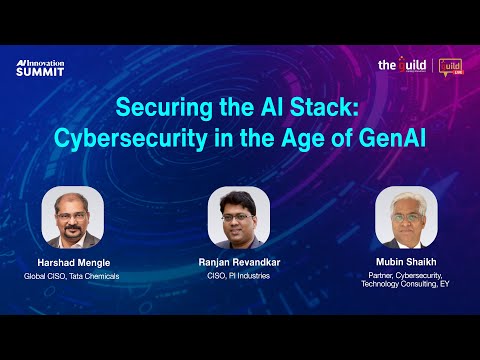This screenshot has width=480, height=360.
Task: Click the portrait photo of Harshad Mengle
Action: click(72, 216)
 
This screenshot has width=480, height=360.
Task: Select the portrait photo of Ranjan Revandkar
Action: click(239, 216)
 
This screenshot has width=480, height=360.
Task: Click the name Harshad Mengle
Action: click(72, 262)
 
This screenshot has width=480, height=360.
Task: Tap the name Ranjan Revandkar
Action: click(239, 262)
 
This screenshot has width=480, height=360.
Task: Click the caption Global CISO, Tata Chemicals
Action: click(72, 275)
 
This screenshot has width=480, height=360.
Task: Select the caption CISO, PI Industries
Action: click(239, 275)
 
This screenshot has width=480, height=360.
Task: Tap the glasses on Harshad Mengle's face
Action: click(73, 208)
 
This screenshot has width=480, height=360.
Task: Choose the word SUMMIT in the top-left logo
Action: click(40, 72)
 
